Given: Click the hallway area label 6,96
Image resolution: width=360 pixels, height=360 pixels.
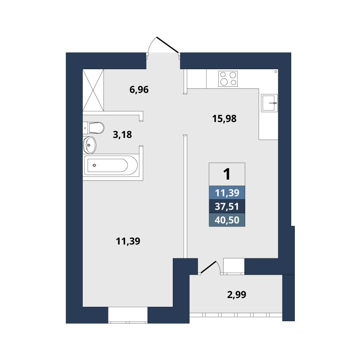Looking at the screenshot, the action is point(139,90).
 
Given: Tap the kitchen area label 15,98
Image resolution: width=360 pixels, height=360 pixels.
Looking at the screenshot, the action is point(224,119).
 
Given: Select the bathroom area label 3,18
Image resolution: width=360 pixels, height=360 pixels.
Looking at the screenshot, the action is point(122,134).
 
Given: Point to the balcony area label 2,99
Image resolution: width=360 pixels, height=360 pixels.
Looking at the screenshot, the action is point(237,294).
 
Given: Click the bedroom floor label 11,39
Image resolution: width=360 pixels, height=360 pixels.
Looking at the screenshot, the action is point(128,241).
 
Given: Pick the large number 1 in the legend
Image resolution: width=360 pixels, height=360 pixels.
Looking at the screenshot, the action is point(227,174).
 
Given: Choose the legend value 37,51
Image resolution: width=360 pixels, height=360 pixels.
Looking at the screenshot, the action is point(227,206).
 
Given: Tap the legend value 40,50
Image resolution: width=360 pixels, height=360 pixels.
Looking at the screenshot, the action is point(227,220).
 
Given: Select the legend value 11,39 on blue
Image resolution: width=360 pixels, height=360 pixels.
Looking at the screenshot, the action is point(227,193).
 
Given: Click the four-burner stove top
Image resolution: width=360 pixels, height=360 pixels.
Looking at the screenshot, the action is point(228,79).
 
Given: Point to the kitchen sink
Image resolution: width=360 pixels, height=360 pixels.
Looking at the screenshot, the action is point(269,103).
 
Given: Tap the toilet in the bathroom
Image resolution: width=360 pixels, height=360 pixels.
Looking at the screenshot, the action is point(94,128).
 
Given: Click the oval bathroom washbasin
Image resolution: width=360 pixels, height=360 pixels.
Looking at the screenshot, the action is point(90,145).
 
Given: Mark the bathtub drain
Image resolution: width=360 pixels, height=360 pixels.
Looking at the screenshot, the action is point(94,165).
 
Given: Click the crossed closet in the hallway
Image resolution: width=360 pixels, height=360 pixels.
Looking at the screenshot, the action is point(93,90).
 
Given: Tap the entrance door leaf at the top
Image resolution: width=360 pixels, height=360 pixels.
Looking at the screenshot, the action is point(167,44).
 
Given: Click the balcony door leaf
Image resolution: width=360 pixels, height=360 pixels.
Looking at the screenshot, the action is point(208,267).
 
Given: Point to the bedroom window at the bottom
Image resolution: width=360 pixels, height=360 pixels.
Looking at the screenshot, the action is point(128,316).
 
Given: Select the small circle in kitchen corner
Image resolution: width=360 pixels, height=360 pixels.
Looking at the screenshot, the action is point(276,72).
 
